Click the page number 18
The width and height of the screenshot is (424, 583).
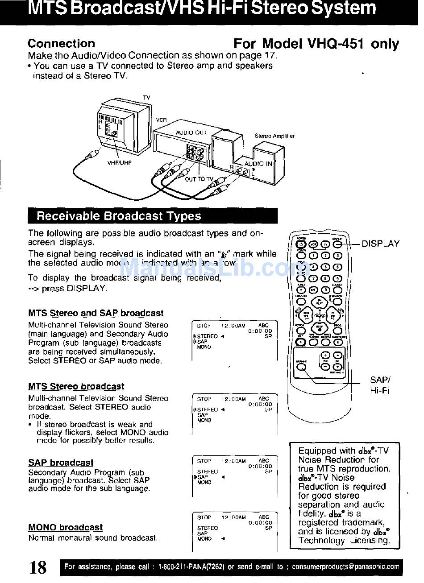(x=38, y=567)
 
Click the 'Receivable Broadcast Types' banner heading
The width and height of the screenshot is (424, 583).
(x=119, y=216)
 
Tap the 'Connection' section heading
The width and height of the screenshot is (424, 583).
(x=61, y=44)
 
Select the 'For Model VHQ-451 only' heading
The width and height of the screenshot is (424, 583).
(x=316, y=44)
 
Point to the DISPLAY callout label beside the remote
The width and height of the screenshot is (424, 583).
(x=380, y=244)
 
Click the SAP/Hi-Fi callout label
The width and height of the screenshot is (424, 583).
(x=380, y=385)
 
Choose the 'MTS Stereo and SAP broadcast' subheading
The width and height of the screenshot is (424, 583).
(x=96, y=313)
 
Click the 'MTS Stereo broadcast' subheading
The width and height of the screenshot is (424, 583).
(x=76, y=386)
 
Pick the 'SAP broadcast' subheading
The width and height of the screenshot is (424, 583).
(x=61, y=463)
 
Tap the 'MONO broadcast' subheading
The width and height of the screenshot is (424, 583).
(x=65, y=528)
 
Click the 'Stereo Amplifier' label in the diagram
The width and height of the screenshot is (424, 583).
(x=274, y=136)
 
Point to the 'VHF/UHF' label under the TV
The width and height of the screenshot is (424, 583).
(x=120, y=163)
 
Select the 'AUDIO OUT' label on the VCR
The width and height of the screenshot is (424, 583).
(x=191, y=132)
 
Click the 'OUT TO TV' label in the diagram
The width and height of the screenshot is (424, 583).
(x=199, y=179)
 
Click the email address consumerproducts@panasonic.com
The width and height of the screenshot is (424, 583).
(x=345, y=567)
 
